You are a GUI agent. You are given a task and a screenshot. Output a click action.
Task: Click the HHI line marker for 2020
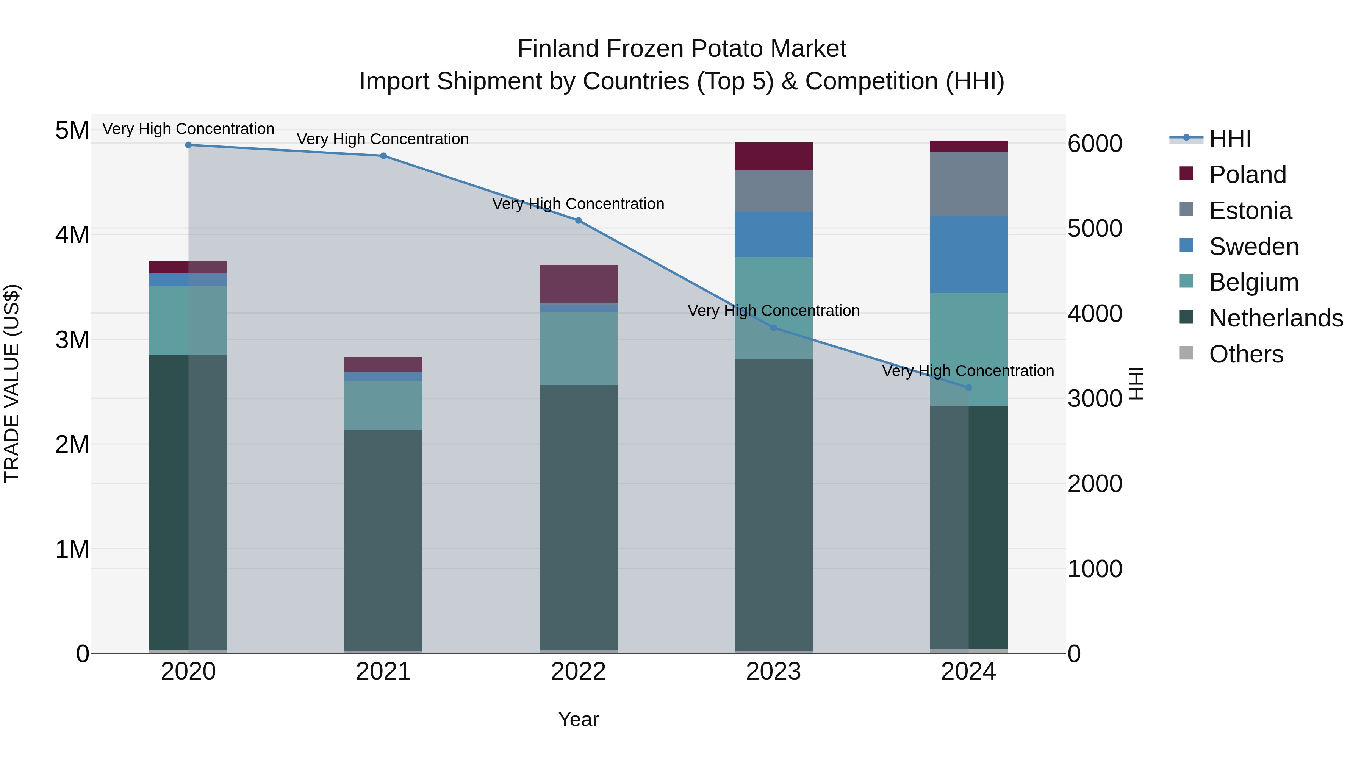[x=189, y=145]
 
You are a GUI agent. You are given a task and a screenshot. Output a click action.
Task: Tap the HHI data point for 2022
[x=578, y=221]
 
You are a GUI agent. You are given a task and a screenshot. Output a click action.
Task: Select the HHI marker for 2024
[x=968, y=387]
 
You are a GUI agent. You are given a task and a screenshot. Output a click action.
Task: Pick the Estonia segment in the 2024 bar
[x=968, y=184]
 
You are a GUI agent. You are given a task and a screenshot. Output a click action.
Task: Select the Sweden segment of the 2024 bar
[x=968, y=254]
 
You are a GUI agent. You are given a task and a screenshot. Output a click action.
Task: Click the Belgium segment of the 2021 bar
[x=383, y=405]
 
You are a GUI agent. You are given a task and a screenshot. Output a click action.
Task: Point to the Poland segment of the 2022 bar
[x=578, y=283]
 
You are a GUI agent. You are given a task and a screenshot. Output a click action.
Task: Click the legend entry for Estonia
[x=1250, y=211]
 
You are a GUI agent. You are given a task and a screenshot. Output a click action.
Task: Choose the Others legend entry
[x=1246, y=354]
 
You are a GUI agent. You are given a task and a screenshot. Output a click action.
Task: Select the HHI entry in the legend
[x=1229, y=139]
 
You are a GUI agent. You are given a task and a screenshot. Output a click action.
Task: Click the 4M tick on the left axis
[x=72, y=234]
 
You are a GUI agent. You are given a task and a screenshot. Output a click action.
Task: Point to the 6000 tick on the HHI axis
[x=1095, y=144]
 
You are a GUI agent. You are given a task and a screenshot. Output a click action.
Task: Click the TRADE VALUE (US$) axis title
[x=12, y=383]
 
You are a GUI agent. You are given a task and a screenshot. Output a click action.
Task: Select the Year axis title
[x=578, y=719]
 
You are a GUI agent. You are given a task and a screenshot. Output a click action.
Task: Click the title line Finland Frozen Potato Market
[x=682, y=49]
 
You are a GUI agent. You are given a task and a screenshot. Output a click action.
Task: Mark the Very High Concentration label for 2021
[x=382, y=139]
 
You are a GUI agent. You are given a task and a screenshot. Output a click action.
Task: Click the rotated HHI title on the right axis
[x=1137, y=383]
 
